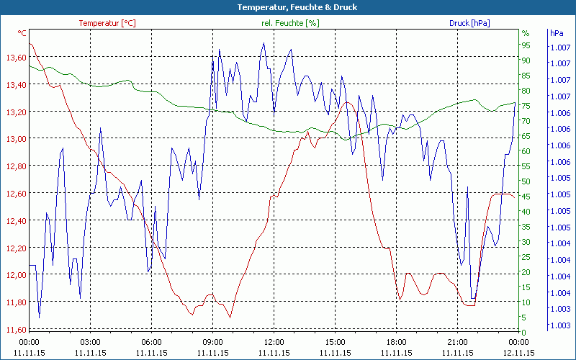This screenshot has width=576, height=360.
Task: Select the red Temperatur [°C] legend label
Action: [x=107, y=23]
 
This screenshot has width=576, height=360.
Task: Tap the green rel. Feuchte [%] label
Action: [x=289, y=23]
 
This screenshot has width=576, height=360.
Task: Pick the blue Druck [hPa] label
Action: [x=469, y=23]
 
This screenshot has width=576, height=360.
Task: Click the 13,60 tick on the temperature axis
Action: [x=16, y=58]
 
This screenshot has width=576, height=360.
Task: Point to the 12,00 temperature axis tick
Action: [x=16, y=275]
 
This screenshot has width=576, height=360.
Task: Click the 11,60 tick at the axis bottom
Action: [x=16, y=330]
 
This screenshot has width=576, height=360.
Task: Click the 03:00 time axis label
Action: [x=90, y=341]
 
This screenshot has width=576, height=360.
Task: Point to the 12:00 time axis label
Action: [x=274, y=341]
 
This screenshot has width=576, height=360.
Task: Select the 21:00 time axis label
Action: [x=457, y=341]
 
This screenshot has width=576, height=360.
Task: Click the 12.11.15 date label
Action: [x=518, y=353]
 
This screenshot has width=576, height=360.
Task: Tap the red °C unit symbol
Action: [x=22, y=33]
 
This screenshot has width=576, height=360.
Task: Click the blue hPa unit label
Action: [x=557, y=33]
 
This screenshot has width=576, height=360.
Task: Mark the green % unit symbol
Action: [x=526, y=33]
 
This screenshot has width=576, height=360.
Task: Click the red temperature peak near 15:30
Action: [x=348, y=102]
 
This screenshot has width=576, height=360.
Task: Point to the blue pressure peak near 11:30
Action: [x=264, y=42]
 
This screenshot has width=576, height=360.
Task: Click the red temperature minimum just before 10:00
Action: [x=230, y=317]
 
